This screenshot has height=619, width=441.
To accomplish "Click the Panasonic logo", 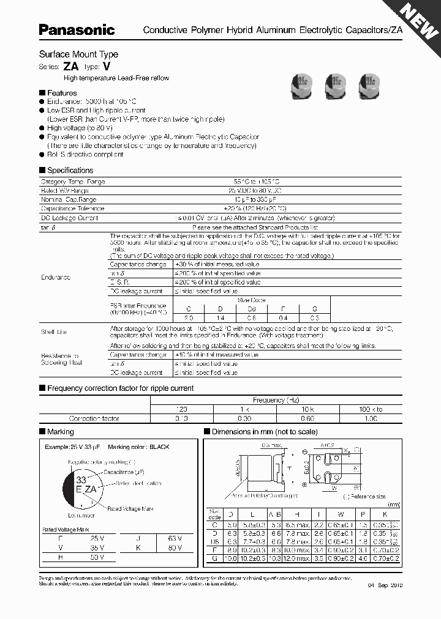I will click(77, 29).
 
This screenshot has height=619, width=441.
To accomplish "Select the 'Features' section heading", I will click(62, 93).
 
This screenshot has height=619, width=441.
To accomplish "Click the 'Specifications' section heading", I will click(70, 171).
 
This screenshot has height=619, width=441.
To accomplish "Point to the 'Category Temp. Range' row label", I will click(72, 182).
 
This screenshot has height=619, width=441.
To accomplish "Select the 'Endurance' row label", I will click(55, 277).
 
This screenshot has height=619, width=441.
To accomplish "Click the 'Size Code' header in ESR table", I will click(252, 300).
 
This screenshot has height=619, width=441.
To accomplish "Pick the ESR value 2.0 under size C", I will click(189, 318).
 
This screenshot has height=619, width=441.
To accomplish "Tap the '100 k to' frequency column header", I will click(370, 409).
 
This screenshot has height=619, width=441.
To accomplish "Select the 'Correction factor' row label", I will click(94, 418).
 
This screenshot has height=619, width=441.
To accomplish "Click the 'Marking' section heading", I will click(60, 432).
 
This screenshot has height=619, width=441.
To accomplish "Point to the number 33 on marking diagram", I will click(80, 481).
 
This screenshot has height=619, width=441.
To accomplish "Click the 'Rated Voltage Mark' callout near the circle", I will click(129, 508).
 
